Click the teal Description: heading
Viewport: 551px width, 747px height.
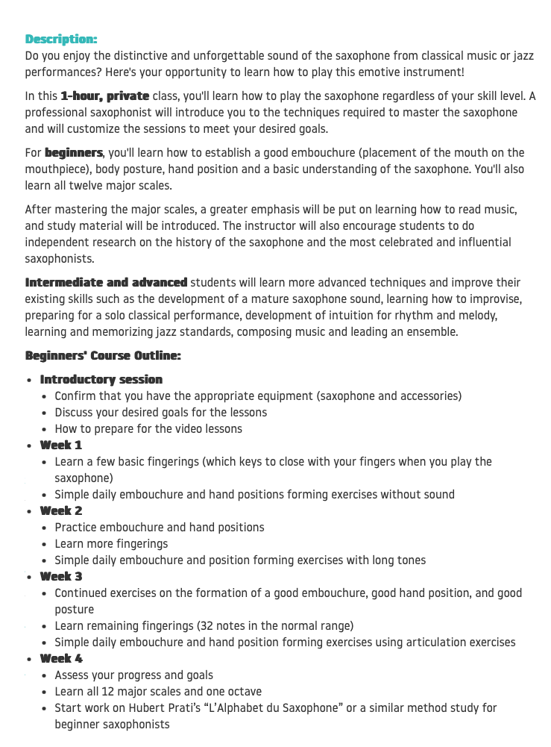(x=61, y=39)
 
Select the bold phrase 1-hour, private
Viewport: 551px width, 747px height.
(x=105, y=96)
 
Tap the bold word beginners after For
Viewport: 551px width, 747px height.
(x=73, y=153)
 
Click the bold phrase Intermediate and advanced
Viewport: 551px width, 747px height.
(x=106, y=283)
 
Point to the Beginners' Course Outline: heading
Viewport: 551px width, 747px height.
(x=103, y=356)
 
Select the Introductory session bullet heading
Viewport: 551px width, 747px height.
(x=101, y=380)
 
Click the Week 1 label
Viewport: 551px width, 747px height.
(x=61, y=446)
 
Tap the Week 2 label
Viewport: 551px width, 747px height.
(x=61, y=511)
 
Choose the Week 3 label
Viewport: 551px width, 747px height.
(x=61, y=577)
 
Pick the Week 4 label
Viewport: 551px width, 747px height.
(x=61, y=659)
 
